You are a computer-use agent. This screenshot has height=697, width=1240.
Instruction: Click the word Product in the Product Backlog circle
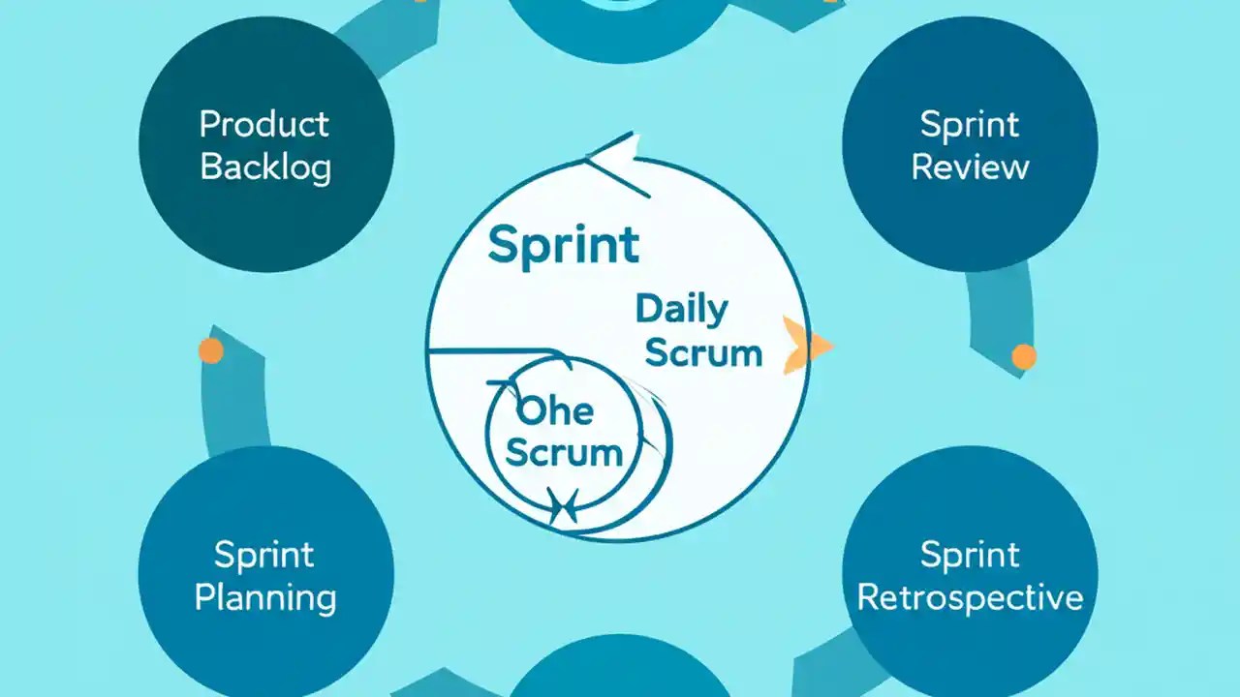coord(264,125)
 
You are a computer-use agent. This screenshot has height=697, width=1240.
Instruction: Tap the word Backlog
coord(265,167)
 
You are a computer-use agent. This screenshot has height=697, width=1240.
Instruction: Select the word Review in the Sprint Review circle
coord(970,167)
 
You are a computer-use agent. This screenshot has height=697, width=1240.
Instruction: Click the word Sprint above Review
coord(970,125)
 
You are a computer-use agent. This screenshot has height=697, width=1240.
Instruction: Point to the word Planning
coord(265,596)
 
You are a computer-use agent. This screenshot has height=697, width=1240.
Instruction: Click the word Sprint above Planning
coord(264,556)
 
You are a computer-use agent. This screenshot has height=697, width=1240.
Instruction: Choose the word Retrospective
coord(970,596)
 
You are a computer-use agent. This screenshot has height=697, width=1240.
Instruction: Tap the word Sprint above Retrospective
coord(970,556)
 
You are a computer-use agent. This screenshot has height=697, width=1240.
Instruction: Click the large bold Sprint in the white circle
coord(563,245)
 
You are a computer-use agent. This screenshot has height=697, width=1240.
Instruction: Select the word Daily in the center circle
coord(681,310)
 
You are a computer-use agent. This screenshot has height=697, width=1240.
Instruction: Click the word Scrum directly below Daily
coord(703,353)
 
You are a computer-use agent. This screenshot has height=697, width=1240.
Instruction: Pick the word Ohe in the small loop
coord(555,411)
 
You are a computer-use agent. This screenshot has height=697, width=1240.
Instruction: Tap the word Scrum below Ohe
coord(564,453)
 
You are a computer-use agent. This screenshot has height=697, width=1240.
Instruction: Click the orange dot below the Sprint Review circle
coord(1023,357)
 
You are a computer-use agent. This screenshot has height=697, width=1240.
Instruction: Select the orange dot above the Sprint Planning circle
coord(210,350)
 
